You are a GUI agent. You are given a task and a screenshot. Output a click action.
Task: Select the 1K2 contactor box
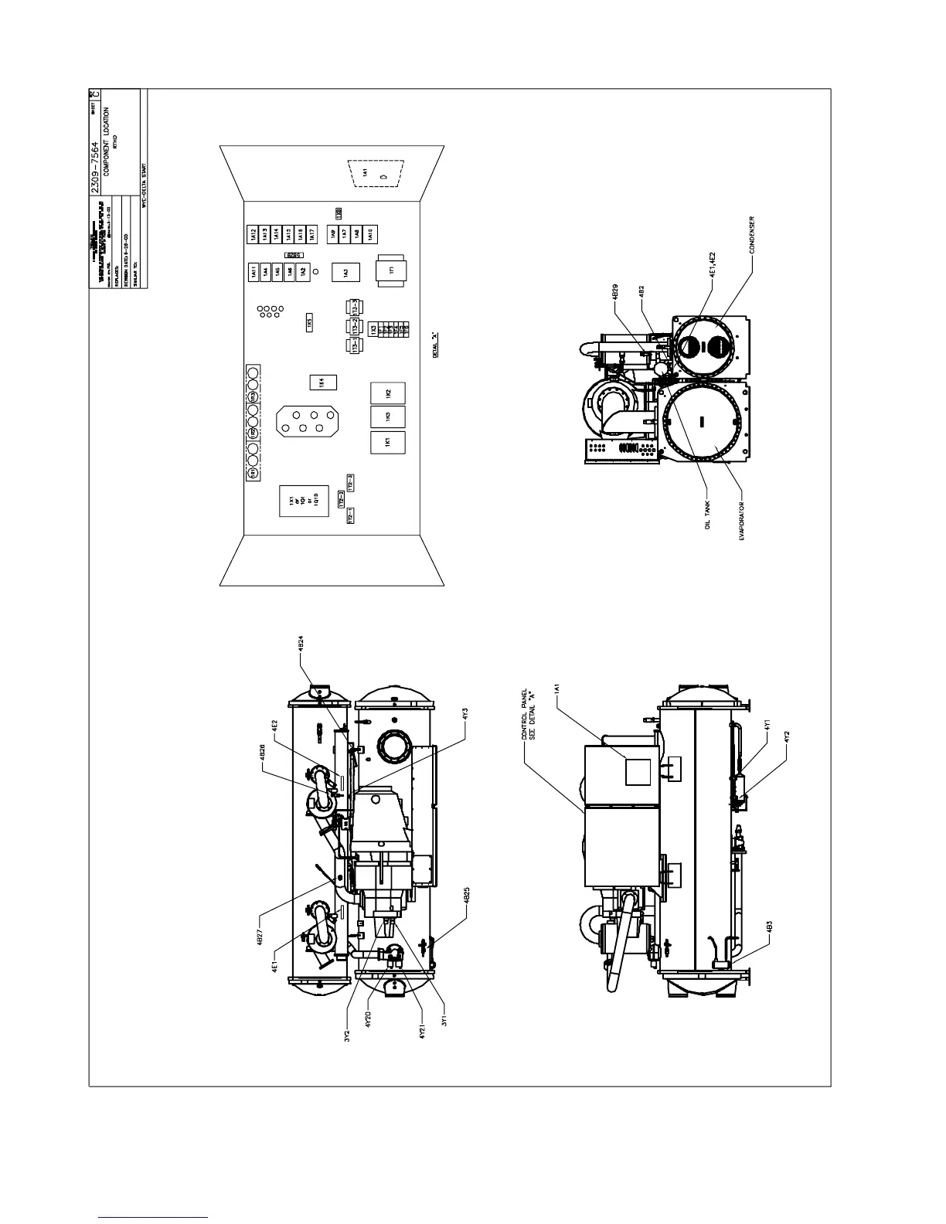388,394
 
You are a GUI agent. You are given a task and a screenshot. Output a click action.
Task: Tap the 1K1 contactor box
388,442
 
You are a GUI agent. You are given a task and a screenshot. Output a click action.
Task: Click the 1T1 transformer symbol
391,270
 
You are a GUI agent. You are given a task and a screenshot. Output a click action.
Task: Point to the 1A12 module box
253,234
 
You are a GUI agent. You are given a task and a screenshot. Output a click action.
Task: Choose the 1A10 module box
369,234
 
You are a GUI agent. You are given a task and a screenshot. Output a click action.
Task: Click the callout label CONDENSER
752,235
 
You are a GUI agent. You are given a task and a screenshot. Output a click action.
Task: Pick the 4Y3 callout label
465,715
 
